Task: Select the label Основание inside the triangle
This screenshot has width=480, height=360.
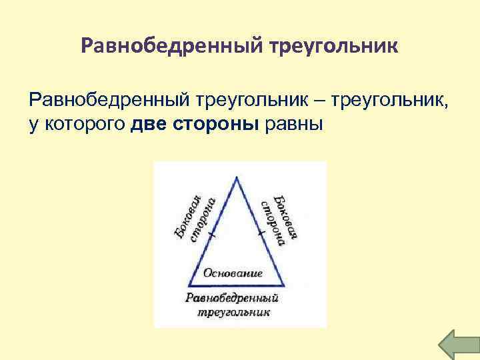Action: coord(233,273)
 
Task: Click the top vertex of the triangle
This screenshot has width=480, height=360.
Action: coord(237,176)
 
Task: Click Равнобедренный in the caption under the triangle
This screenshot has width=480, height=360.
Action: coord(232,297)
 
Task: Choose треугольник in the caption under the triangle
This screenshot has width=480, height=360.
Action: coord(233,312)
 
